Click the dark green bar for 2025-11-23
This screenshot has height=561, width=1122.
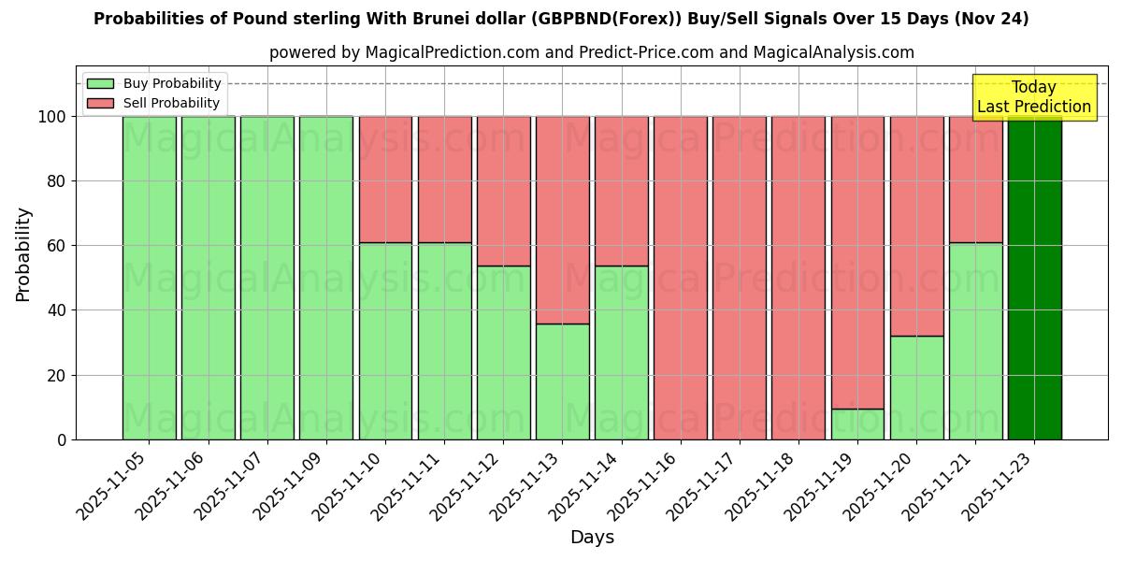tap(1034, 278)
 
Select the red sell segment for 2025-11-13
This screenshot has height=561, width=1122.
tap(562, 220)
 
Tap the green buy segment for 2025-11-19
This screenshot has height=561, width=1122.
tap(857, 424)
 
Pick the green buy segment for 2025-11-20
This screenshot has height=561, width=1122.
tap(916, 387)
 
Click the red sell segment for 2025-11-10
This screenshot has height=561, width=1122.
tap(385, 180)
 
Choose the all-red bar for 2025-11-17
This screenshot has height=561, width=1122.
tap(739, 278)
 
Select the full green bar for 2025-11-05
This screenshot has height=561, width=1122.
tap(149, 278)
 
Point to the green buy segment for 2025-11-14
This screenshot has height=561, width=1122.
tap(621, 352)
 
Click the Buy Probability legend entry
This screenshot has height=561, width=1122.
tap(154, 83)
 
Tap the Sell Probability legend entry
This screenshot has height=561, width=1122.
tap(154, 103)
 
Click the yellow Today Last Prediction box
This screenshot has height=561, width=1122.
tap(1033, 97)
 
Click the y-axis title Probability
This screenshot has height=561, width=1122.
tap(23, 253)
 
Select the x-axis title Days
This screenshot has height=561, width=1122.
tap(592, 538)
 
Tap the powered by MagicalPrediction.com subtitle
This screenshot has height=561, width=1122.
tap(591, 52)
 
